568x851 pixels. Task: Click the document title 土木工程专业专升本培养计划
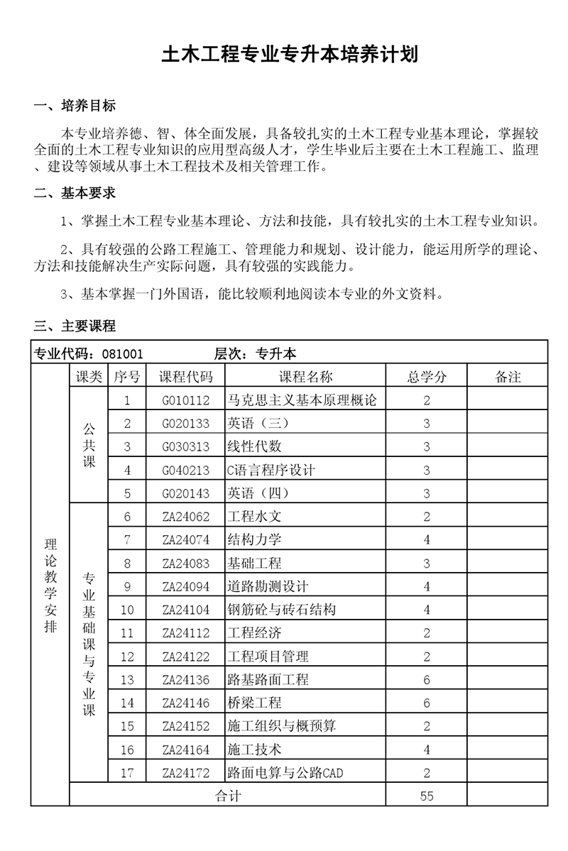pyautogui.click(x=289, y=55)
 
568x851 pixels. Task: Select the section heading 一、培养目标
pyautogui.click(x=75, y=106)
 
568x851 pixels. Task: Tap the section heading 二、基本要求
pyautogui.click(x=75, y=193)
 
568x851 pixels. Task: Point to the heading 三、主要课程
pyautogui.click(x=75, y=326)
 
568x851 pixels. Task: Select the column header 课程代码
pyautogui.click(x=185, y=377)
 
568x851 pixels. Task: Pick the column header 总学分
pyautogui.click(x=427, y=377)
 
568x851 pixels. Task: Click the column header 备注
pyautogui.click(x=507, y=377)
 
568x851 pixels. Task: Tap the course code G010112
pyautogui.click(x=185, y=400)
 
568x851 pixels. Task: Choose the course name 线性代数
pyautogui.click(x=254, y=447)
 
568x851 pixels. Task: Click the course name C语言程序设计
pyautogui.click(x=271, y=470)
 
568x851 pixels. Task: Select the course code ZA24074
pyautogui.click(x=185, y=540)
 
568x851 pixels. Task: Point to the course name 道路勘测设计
pyautogui.click(x=268, y=587)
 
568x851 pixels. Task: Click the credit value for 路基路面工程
pyautogui.click(x=427, y=680)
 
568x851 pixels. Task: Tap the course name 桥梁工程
pyautogui.click(x=254, y=703)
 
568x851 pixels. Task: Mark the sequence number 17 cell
pyautogui.click(x=127, y=773)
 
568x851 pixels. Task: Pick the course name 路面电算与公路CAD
pyautogui.click(x=284, y=773)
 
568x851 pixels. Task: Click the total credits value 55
pyautogui.click(x=427, y=796)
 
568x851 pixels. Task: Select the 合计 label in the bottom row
pyautogui.click(x=228, y=796)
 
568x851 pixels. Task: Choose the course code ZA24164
pyautogui.click(x=185, y=750)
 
